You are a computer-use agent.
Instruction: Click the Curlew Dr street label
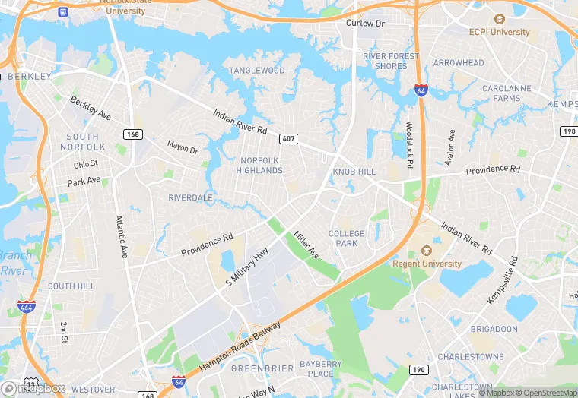pos(366,24)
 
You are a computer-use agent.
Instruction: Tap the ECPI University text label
pos(500,33)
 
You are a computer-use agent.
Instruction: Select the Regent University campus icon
pos(426,251)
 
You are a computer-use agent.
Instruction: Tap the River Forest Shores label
pos(391,61)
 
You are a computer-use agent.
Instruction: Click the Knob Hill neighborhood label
pos(354,172)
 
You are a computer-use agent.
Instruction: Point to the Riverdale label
pos(191,198)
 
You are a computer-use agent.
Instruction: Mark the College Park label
pos(347,238)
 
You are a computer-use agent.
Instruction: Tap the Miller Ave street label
pos(306,245)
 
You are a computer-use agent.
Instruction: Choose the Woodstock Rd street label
pos(409,144)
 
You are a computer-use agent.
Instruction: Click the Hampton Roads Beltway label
pos(240,346)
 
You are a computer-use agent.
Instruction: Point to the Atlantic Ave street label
pos(121,237)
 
